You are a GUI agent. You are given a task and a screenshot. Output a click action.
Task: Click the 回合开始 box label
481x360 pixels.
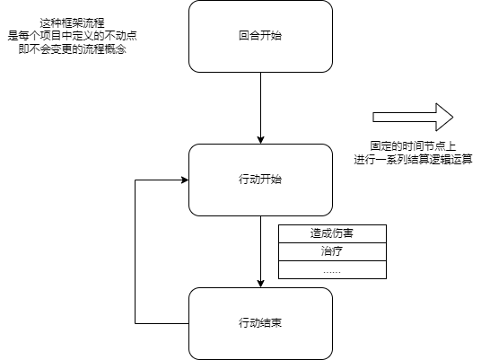coord(260,36)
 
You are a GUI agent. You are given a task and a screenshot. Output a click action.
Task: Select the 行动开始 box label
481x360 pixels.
coord(260,180)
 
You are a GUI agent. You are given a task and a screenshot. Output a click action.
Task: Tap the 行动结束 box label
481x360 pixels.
coord(260,323)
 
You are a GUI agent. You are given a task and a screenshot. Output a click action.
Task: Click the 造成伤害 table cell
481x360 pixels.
coord(332,233)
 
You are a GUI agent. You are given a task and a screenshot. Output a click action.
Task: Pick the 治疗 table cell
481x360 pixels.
coord(332,252)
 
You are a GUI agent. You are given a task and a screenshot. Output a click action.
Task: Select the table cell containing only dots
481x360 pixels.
coord(332,269)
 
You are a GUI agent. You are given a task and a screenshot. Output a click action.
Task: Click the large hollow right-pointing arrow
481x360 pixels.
coord(413,118)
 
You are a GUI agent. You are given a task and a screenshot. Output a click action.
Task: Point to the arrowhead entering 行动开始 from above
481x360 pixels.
coord(261,140)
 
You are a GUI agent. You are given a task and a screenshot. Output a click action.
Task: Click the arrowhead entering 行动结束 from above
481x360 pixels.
coord(261,284)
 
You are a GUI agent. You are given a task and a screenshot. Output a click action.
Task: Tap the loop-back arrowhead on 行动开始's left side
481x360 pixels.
coord(185,180)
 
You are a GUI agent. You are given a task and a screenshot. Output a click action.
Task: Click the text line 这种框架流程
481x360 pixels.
coord(72,23)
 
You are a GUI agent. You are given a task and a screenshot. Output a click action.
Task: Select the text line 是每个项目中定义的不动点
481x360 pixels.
coord(72,36)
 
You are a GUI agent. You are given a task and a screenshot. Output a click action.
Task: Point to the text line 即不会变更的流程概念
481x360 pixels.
coord(72,48)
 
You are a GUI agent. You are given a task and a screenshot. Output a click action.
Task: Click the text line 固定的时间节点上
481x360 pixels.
coord(413,146)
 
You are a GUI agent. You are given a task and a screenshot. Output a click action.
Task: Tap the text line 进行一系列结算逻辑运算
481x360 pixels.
coord(413,160)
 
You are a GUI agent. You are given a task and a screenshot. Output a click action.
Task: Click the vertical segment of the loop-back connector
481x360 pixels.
coord(136,251)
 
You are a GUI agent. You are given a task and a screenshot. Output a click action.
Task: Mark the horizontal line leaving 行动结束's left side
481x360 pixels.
coord(162,323)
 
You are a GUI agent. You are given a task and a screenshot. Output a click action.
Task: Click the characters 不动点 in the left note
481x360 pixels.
coord(120,36)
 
